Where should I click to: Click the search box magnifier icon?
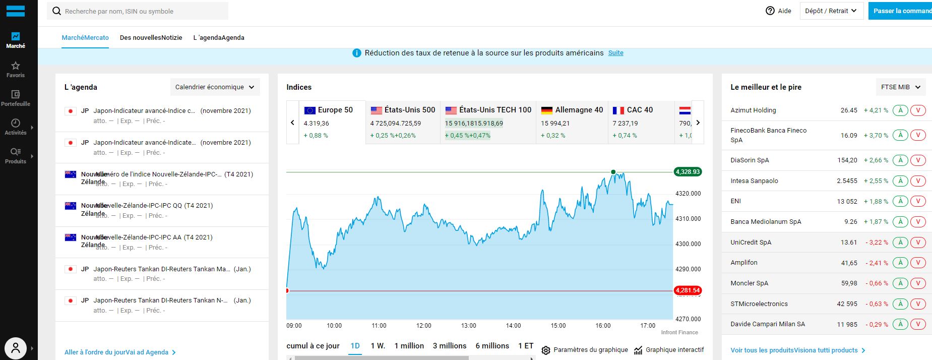point(56,11)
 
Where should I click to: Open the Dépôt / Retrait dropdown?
point(831,11)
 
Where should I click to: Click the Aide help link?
point(778,11)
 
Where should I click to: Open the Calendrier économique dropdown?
point(215,87)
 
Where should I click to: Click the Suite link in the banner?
point(615,53)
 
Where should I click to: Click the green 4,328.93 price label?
point(688,172)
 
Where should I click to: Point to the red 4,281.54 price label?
point(688,290)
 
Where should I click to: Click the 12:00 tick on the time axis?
point(424,326)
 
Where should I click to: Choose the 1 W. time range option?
point(378,346)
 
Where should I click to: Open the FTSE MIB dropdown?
point(900,87)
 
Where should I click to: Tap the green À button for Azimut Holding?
point(900,110)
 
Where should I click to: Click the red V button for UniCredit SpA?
point(918,242)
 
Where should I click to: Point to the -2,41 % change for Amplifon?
point(877,263)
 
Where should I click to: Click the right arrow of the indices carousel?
point(698,122)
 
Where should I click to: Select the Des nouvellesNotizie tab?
point(151,38)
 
